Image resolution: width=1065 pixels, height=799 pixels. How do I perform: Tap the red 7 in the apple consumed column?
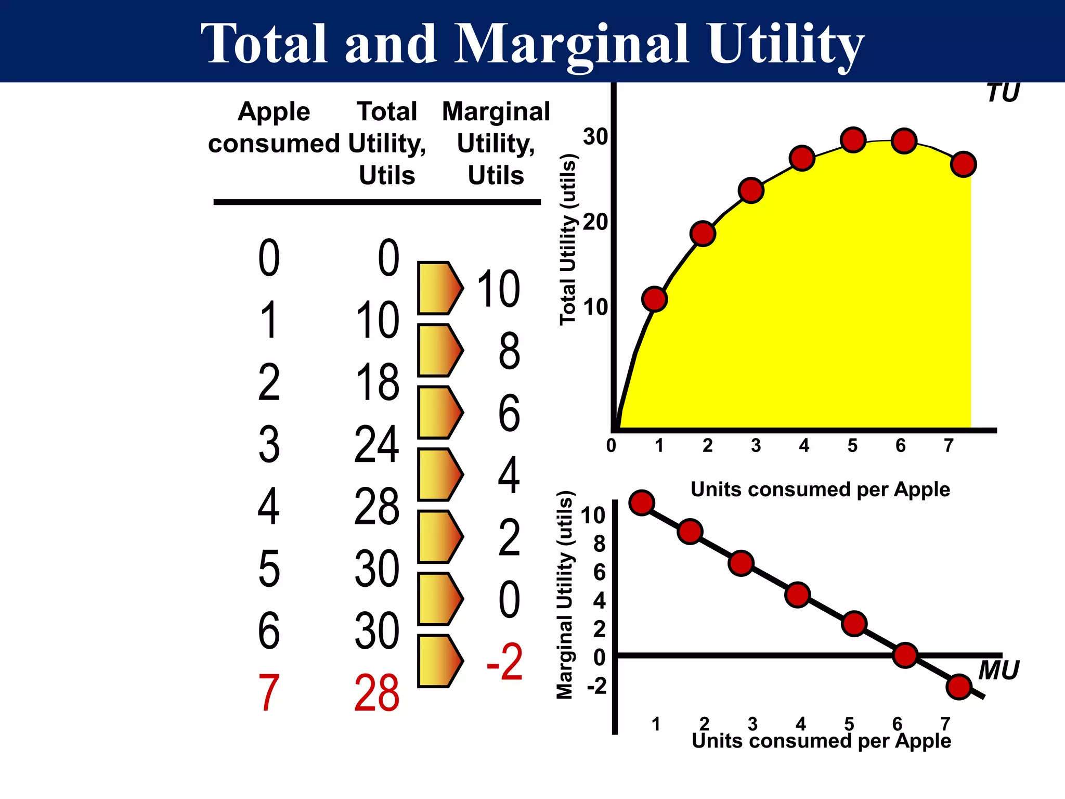click(269, 693)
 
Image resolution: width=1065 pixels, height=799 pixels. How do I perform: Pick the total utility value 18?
click(377, 382)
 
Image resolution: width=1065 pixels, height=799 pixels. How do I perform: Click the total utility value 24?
click(377, 444)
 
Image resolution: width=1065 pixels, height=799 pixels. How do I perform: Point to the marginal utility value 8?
click(509, 351)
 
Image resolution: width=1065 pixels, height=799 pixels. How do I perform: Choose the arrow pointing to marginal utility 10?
click(440, 288)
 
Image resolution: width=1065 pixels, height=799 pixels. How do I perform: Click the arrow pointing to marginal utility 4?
click(440, 474)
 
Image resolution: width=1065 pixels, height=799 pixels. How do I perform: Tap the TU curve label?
click(1003, 93)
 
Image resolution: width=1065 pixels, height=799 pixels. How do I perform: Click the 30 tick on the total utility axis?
click(595, 137)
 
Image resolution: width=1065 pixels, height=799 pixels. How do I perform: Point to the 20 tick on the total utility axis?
click(595, 222)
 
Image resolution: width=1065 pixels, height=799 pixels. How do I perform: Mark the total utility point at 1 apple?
click(655, 299)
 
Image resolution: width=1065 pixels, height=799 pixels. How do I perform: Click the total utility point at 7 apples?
click(964, 164)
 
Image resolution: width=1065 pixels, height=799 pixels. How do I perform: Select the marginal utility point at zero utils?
click(905, 655)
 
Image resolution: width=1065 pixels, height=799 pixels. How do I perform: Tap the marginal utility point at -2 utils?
click(959, 687)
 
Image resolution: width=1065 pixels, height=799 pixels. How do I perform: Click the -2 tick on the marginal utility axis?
click(597, 686)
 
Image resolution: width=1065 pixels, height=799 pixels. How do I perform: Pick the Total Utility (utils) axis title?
click(568, 240)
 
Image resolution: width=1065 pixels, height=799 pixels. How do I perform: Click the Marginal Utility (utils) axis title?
click(565, 595)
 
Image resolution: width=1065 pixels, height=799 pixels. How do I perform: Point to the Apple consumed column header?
click(274, 127)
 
